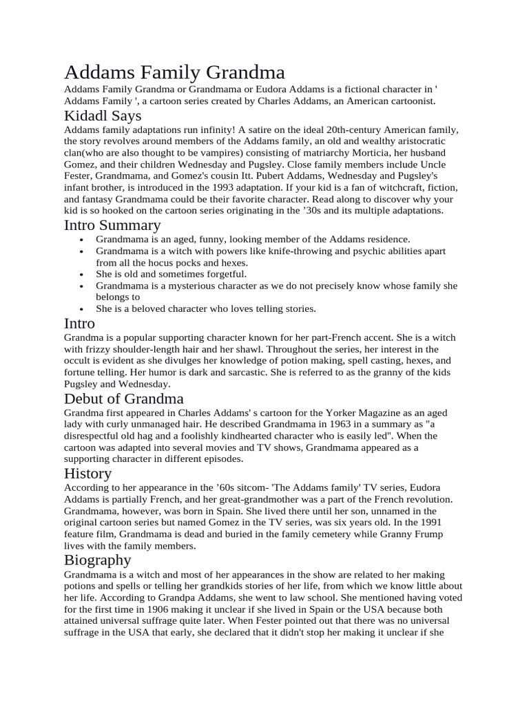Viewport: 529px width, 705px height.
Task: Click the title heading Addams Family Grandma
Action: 174,72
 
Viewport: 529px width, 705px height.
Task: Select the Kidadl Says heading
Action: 103,115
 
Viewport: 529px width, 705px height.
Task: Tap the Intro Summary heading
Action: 112,224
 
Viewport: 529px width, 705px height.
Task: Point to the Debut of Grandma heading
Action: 124,399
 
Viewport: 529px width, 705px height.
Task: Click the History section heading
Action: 87,473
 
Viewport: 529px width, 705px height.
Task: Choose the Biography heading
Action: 98,559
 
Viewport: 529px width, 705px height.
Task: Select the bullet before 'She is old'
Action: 81,274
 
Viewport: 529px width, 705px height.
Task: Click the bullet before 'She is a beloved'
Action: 81,309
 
